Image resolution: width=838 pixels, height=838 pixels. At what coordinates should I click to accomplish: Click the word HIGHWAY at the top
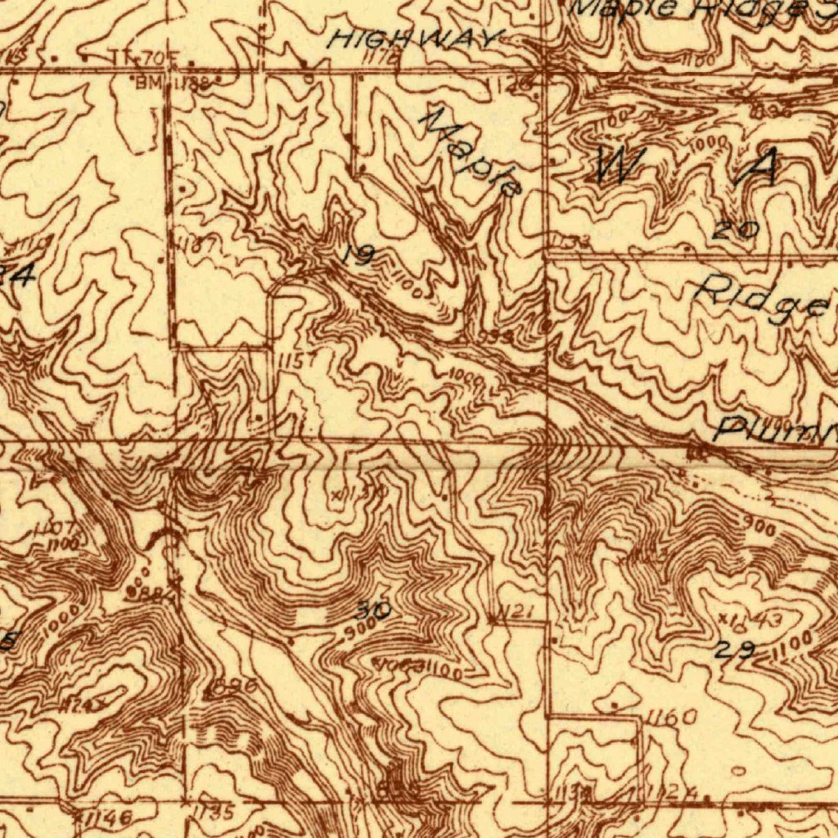415,38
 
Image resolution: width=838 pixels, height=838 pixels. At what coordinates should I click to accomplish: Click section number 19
358,256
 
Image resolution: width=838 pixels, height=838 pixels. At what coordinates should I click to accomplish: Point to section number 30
373,610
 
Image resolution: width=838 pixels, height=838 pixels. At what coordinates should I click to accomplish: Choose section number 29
734,651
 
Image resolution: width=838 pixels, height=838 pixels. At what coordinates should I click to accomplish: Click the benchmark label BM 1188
173,82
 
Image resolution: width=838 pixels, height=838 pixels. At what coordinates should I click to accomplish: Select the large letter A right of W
758,169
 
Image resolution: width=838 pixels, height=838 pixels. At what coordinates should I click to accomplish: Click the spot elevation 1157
295,360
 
